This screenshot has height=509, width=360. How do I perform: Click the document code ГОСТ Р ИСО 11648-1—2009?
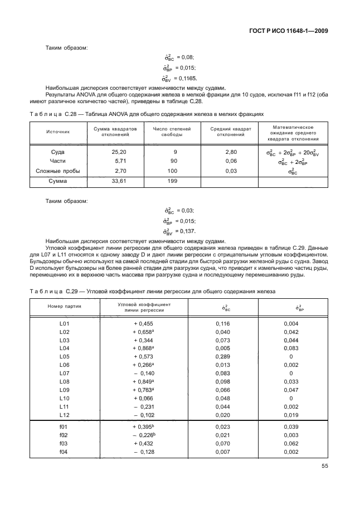[x=286, y=31]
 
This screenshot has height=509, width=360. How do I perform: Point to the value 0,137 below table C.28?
[x=187, y=231]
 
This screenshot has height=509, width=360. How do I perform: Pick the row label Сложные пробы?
[x=58, y=171]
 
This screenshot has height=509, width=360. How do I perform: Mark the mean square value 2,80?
[x=231, y=152]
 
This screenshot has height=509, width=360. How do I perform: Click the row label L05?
[x=64, y=356]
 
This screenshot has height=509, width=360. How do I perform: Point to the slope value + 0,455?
[x=143, y=324]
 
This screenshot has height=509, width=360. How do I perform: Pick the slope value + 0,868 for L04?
[x=143, y=348]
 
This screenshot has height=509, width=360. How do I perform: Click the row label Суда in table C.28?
[x=58, y=152]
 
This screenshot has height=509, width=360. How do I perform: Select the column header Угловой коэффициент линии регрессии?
[x=144, y=308]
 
